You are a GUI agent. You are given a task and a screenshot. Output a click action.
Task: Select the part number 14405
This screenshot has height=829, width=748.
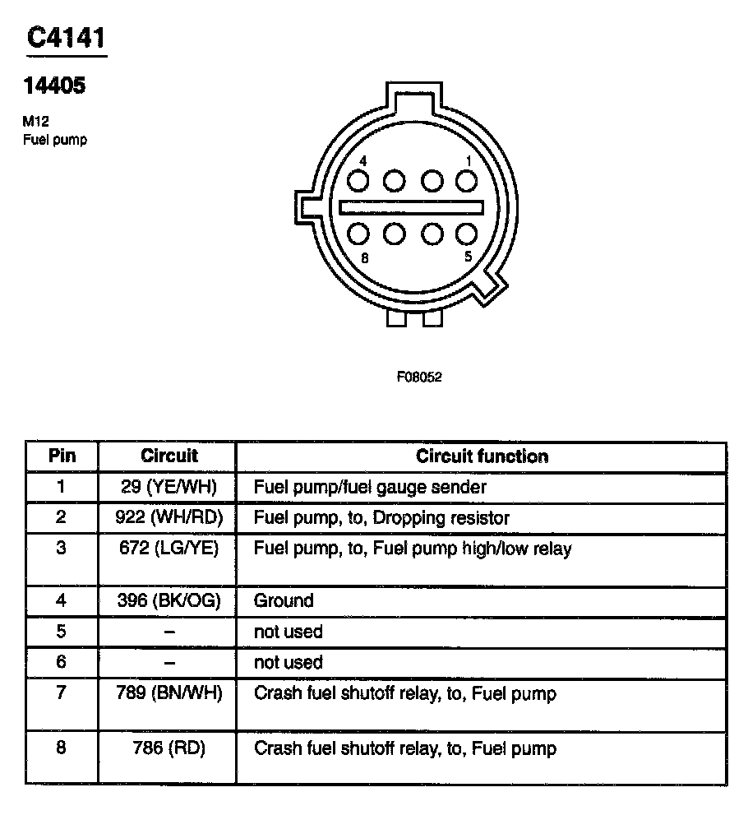click(x=54, y=86)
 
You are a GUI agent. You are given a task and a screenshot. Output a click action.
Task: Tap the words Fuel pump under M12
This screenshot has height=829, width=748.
click(x=54, y=140)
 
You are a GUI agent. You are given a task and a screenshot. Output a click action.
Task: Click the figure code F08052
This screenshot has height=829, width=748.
click(x=419, y=377)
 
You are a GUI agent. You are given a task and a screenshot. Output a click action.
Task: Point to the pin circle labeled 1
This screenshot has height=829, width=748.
click(x=467, y=180)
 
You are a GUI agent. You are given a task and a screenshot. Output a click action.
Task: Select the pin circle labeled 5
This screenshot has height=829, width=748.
click(x=467, y=234)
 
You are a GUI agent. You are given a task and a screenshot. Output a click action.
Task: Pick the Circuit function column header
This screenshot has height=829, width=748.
click(x=482, y=456)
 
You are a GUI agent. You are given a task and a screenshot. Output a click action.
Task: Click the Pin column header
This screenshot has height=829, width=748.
click(x=62, y=456)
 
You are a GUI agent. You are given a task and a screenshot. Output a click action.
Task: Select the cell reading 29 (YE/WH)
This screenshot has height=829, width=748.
click(x=169, y=487)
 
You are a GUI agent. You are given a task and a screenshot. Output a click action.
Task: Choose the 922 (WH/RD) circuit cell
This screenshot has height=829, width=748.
click(x=169, y=518)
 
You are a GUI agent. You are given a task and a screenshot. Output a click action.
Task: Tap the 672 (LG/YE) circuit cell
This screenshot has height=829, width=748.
click(x=169, y=549)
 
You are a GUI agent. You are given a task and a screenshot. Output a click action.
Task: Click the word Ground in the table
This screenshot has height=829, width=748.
click(x=284, y=600)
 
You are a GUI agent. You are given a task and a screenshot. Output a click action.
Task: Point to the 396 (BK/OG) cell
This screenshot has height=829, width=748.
click(x=169, y=600)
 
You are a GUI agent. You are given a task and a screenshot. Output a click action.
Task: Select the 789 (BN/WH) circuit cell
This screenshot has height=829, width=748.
click(x=169, y=693)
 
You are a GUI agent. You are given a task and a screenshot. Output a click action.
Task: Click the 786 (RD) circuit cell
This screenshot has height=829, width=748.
click(x=169, y=748)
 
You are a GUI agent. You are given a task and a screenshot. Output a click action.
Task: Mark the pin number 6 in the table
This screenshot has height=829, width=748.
click(x=62, y=662)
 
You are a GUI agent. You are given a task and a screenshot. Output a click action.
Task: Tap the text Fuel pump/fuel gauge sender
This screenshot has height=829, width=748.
click(x=370, y=487)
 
